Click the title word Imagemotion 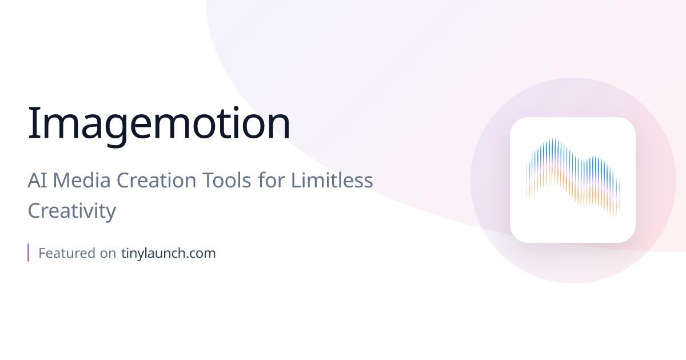point(159,123)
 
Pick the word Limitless point(332,181)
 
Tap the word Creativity point(72,211)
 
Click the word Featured point(66,253)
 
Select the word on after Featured point(108,253)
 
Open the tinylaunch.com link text point(169,253)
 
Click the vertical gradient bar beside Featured point(28,253)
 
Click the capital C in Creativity point(35,211)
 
